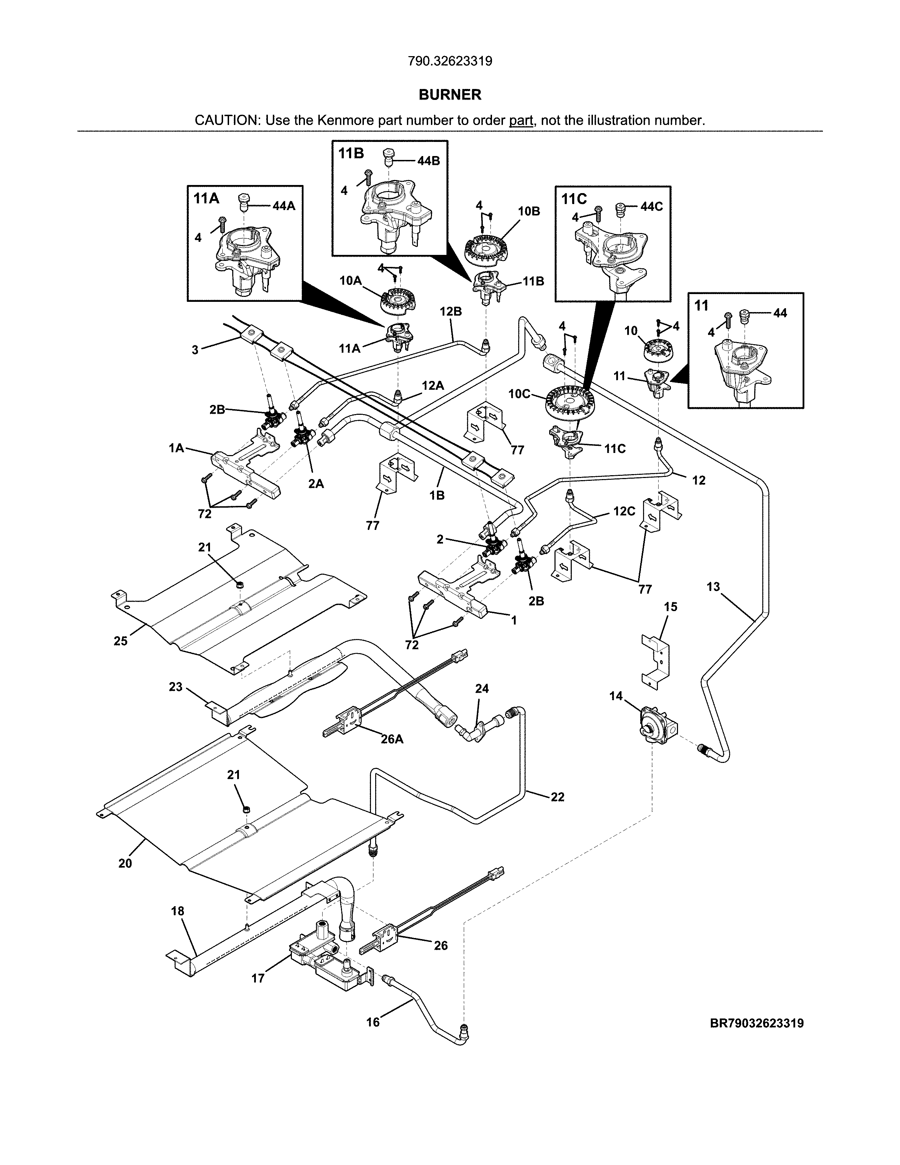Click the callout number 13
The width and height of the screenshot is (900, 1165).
(x=713, y=587)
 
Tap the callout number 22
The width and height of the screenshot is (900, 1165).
(x=557, y=797)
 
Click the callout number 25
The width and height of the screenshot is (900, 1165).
(x=120, y=641)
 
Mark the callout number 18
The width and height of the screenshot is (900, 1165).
(x=178, y=911)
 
